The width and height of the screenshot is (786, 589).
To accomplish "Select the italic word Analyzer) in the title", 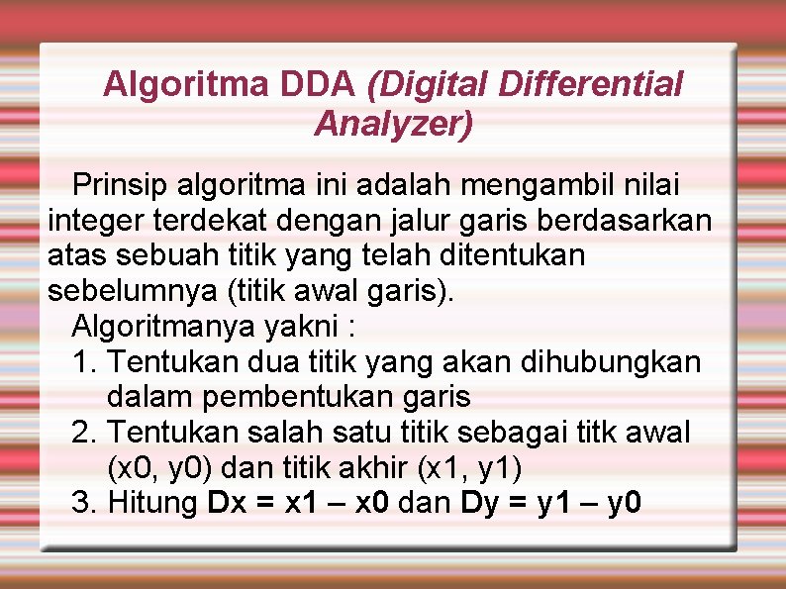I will pos(394,124).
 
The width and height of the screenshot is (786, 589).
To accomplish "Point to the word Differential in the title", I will pos(591,85).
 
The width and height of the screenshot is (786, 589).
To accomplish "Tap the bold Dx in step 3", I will pos(228,504).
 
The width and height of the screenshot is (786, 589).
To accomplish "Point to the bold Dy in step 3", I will pos(480,504).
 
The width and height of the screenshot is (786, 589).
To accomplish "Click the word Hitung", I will pos(151,504).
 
